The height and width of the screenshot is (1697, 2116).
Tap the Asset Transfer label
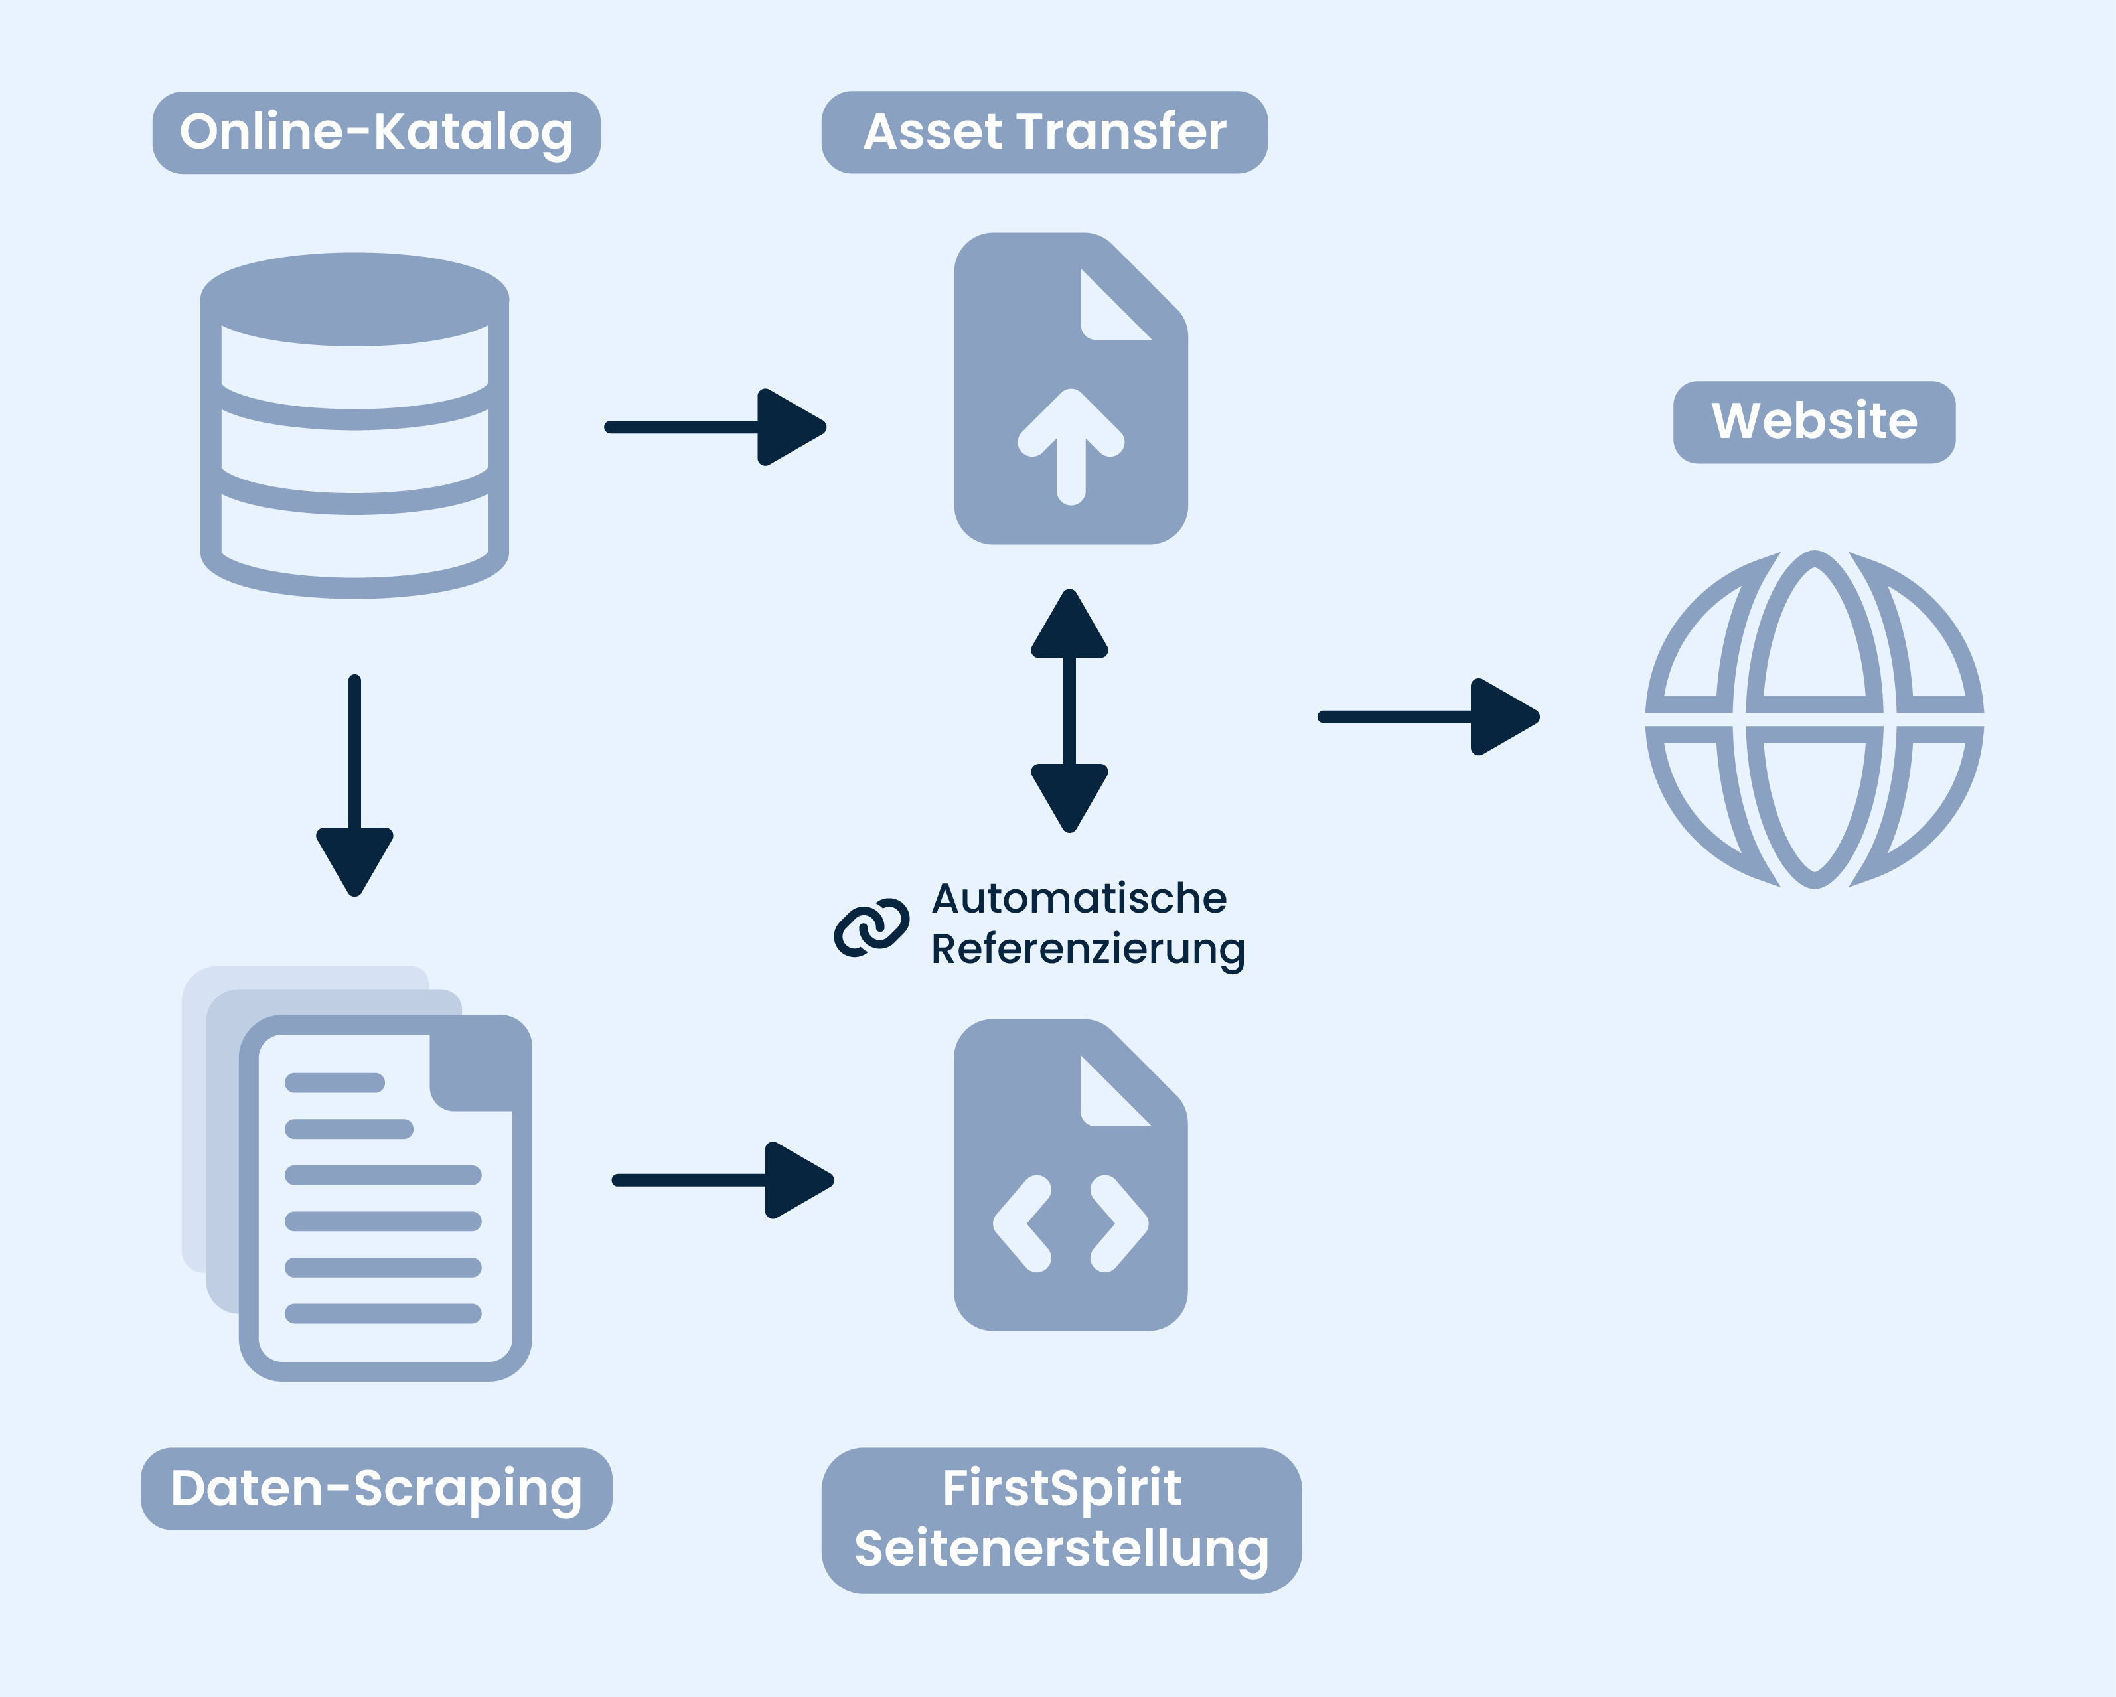point(1044,133)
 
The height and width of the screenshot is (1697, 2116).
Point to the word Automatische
point(1079,898)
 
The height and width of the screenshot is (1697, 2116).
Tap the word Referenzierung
point(1087,949)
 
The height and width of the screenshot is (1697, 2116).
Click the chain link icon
point(871,926)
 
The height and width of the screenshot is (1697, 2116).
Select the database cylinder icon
point(354,425)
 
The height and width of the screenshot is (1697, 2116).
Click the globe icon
point(1814,719)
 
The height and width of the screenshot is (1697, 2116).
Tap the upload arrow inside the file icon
point(1071,447)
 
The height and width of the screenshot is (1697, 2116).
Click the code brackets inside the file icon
point(1070,1223)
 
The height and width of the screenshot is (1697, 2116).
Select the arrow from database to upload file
point(714,427)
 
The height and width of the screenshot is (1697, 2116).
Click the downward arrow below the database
point(354,785)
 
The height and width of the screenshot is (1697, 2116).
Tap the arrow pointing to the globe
point(1428,717)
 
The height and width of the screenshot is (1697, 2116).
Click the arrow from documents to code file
point(722,1180)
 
